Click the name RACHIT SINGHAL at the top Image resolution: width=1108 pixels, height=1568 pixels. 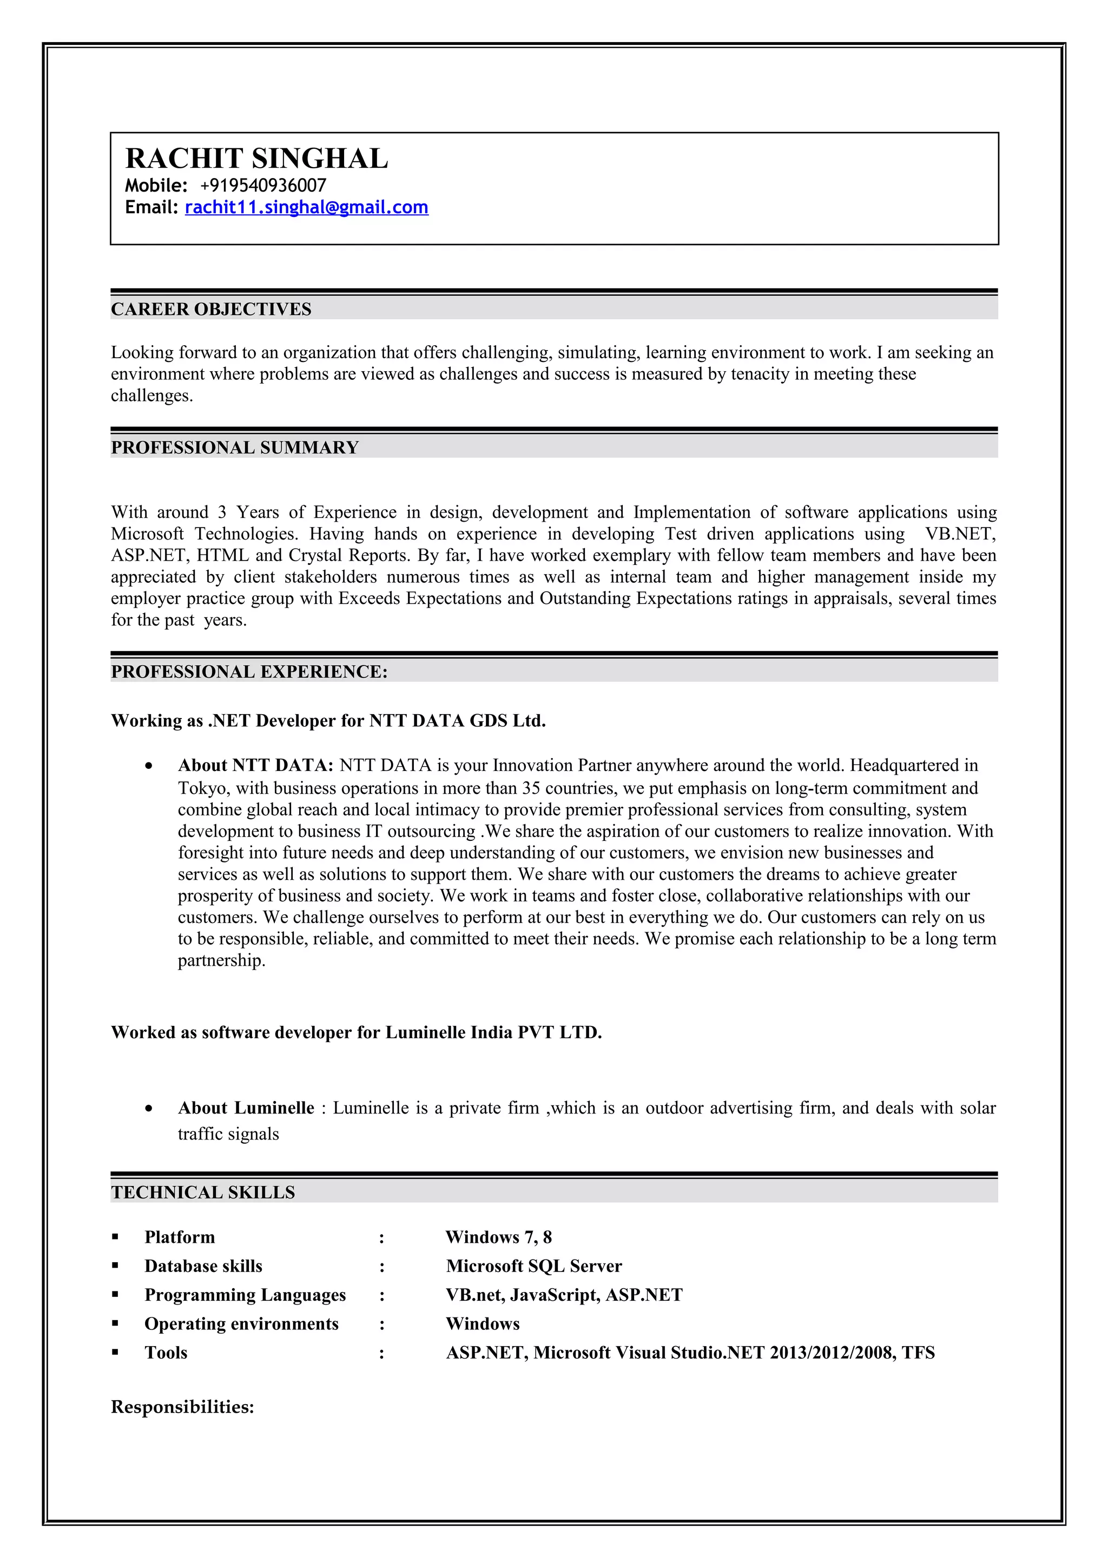pyautogui.click(x=256, y=159)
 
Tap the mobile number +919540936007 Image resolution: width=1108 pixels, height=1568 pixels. pyautogui.click(x=263, y=186)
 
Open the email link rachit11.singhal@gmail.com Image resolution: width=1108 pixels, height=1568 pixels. pyautogui.click(x=307, y=208)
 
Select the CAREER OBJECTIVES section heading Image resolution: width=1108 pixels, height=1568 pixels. pyautogui.click(x=211, y=309)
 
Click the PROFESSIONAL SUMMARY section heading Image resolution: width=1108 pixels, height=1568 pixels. pyautogui.click(x=235, y=448)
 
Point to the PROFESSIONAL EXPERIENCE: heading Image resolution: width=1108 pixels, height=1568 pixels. pyautogui.click(x=249, y=672)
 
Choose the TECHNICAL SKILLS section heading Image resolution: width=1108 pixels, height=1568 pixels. pyautogui.click(x=203, y=1193)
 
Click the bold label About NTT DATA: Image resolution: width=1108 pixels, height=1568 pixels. pyautogui.click(x=255, y=766)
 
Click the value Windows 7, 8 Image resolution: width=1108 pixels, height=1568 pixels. pyautogui.click(x=498, y=1237)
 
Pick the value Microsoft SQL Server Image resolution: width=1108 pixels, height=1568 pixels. pyautogui.click(x=534, y=1266)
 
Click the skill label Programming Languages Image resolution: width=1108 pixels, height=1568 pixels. pyautogui.click(x=245, y=1295)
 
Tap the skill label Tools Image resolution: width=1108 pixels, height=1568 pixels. pyautogui.click(x=166, y=1352)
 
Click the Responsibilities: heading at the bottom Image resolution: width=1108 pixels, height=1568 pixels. pyautogui.click(x=182, y=1407)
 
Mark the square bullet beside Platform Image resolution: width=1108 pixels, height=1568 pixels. pyautogui.click(x=115, y=1237)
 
